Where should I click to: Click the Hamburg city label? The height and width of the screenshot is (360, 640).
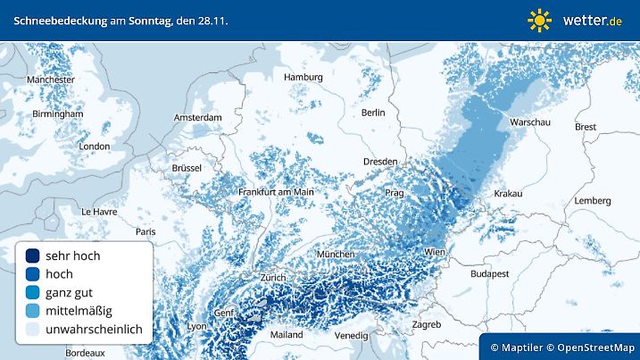(303, 78)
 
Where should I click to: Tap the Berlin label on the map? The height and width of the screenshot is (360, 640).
(372, 113)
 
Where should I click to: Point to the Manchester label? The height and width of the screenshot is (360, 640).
(51, 80)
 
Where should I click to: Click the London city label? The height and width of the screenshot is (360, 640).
(94, 147)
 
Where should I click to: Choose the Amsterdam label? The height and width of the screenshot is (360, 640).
(197, 118)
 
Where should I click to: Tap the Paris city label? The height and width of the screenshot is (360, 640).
(145, 231)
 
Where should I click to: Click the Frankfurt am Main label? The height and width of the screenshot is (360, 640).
(276, 192)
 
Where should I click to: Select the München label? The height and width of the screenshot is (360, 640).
(348, 254)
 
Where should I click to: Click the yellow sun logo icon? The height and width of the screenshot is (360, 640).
(539, 20)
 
